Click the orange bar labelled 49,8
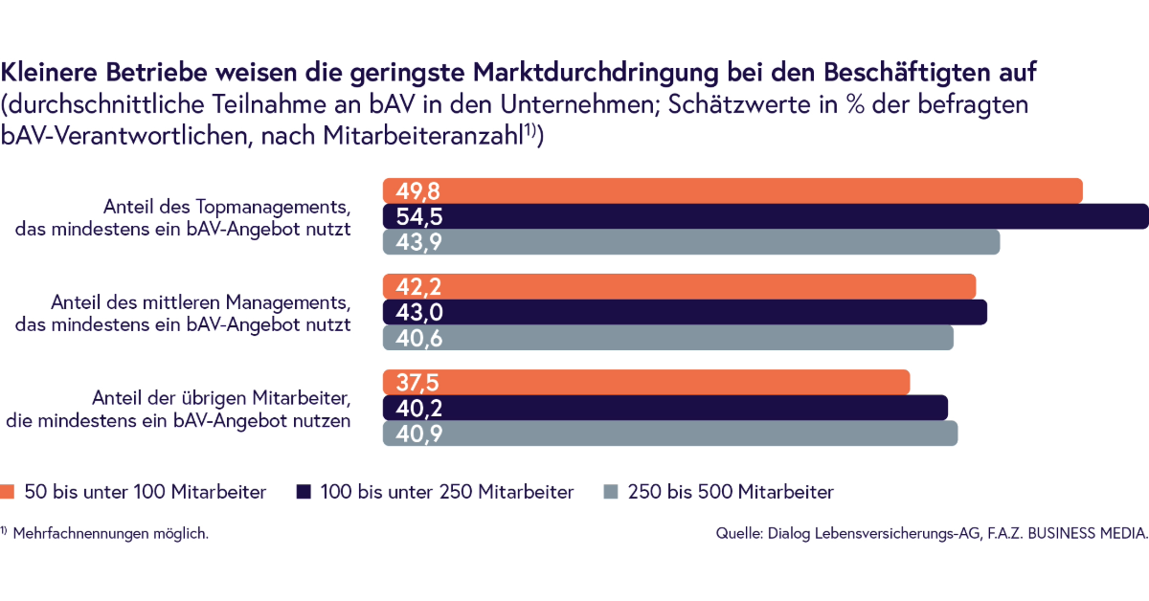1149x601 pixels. pos(732,190)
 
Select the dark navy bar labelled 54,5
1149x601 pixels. pos(766,216)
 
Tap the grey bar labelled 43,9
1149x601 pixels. pos(691,242)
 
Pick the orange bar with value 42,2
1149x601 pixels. pos(679,286)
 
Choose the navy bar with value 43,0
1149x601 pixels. pos(685,312)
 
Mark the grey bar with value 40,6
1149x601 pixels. pos(668,338)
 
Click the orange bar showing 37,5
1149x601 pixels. pos(646,382)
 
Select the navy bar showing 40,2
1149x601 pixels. pos(665,408)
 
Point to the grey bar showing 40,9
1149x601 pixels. pos(670,434)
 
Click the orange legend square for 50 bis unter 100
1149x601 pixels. pos(9,492)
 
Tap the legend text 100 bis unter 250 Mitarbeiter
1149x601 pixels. pos(447,492)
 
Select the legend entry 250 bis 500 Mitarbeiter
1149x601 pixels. pos(731,492)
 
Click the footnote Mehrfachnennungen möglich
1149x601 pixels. pos(110,533)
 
